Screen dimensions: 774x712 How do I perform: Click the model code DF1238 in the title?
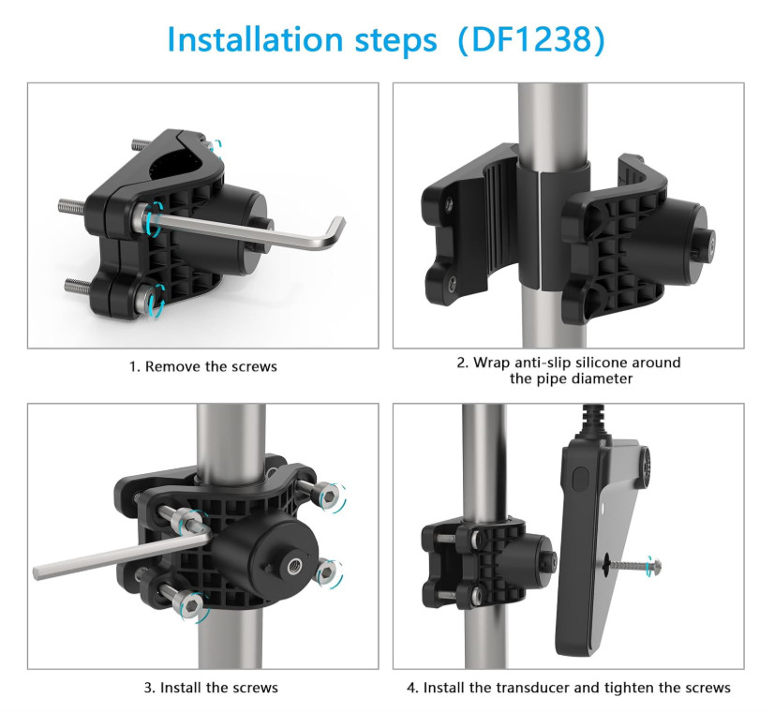coord(531,39)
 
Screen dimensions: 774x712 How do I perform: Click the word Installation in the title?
coord(255,39)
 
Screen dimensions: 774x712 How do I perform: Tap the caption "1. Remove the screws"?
coord(203,366)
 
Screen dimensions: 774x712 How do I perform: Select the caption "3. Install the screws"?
coord(211,688)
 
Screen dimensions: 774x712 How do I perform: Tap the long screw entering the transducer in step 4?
coord(633,565)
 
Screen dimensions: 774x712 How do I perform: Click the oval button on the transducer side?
coord(581,479)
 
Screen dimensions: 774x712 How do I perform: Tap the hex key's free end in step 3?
coord(37,572)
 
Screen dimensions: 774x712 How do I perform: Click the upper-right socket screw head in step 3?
coord(329,495)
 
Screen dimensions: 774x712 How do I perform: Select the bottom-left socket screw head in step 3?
coord(192,604)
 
